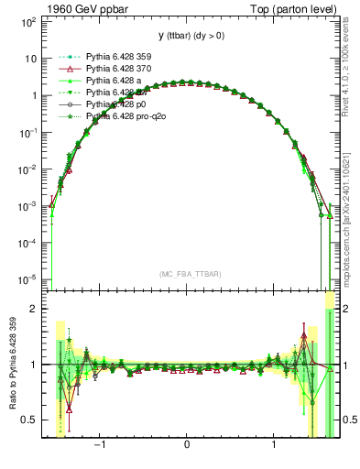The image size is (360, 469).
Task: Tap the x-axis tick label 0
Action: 187,445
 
